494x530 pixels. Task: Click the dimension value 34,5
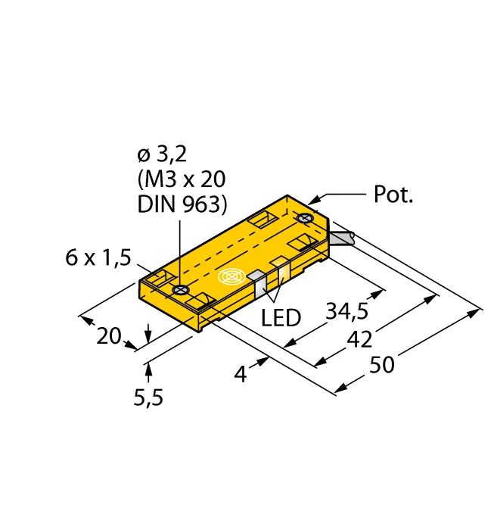[348, 312]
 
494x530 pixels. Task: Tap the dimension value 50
[381, 365]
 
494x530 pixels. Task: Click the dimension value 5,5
[148, 397]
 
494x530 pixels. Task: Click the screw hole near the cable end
[305, 220]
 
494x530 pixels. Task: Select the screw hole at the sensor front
[180, 290]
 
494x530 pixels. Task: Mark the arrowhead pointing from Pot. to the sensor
[317, 199]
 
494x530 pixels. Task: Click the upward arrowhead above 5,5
[148, 369]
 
